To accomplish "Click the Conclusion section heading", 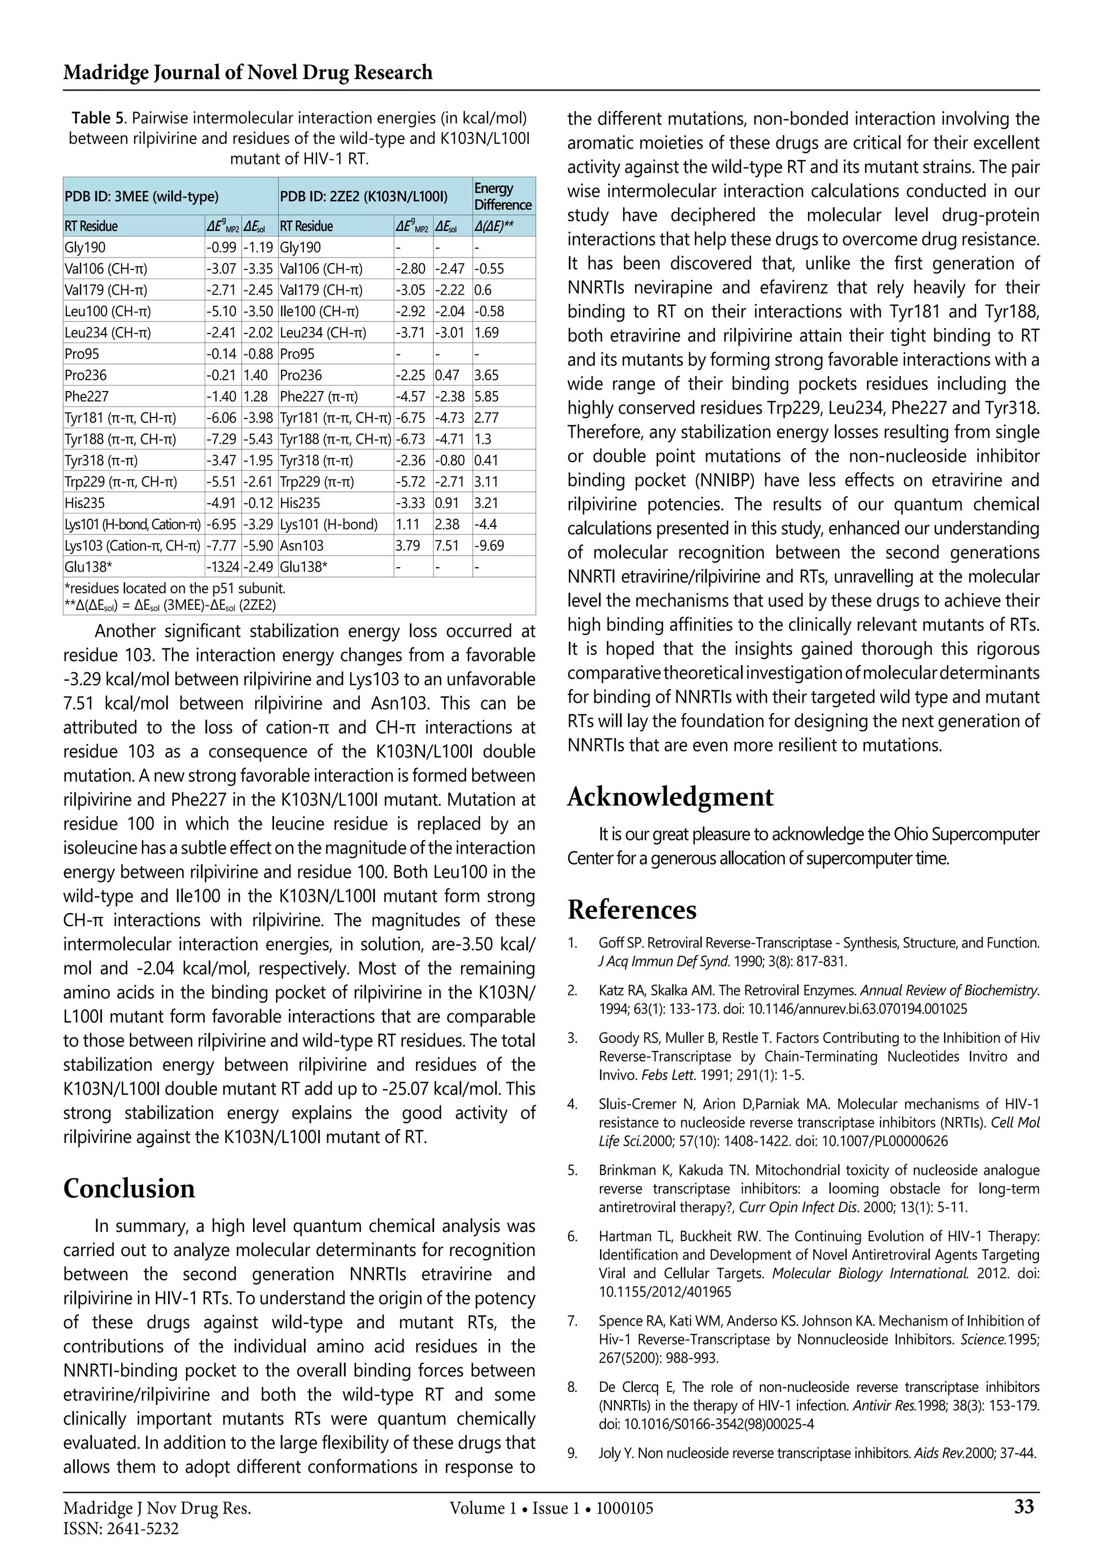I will click(x=129, y=1188).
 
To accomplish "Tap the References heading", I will click(x=632, y=910).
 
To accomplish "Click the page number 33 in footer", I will click(x=1023, y=1507).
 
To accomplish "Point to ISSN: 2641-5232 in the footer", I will click(x=121, y=1529).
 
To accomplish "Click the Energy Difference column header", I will click(x=502, y=197).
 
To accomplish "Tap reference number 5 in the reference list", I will click(x=573, y=1170).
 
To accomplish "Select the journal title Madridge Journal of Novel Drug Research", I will click(x=247, y=72).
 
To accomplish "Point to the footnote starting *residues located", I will click(x=174, y=588).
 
